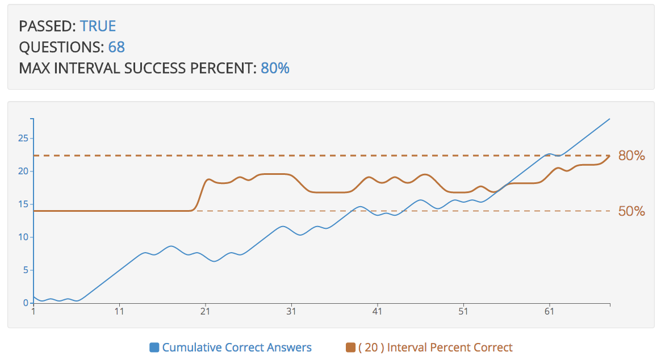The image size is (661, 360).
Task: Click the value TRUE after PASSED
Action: (x=98, y=26)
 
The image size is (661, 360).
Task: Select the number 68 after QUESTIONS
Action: (x=116, y=47)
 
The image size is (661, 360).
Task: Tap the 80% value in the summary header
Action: (x=275, y=69)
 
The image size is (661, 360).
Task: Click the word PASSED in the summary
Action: (x=47, y=26)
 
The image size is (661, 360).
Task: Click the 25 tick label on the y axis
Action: (x=23, y=138)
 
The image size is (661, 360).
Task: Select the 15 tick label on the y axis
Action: (x=23, y=204)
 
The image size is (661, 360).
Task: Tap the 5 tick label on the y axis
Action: (x=25, y=270)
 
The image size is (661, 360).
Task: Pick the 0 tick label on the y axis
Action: (x=26, y=303)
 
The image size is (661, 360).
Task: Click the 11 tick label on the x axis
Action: (x=119, y=312)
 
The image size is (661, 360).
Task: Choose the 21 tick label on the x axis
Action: (x=206, y=312)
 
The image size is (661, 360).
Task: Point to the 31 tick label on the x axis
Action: (x=291, y=312)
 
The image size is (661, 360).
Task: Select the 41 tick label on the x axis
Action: (x=378, y=312)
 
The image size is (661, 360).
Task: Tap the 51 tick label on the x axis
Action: (x=463, y=312)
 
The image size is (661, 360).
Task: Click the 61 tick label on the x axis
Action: (x=549, y=312)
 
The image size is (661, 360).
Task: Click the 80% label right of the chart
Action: (x=631, y=156)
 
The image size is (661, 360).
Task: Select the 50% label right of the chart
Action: (x=631, y=211)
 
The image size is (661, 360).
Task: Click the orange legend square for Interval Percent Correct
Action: (x=350, y=348)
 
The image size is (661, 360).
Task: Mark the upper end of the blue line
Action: (x=609, y=119)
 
